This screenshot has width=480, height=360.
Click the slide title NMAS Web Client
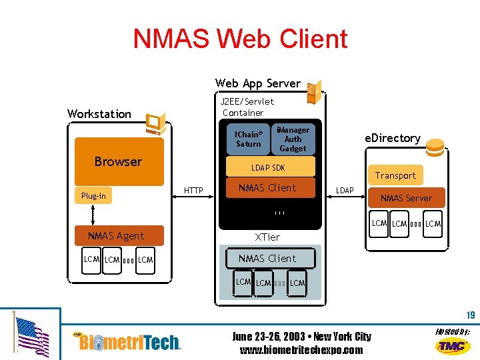[240, 39]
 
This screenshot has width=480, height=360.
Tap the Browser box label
[118, 161]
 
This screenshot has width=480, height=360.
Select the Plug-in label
[93, 195]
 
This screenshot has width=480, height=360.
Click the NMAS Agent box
[116, 235]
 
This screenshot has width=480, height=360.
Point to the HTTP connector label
[193, 191]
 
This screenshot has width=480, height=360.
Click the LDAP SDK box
[268, 167]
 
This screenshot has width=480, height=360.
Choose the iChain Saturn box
[249, 139]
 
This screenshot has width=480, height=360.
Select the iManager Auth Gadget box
[293, 139]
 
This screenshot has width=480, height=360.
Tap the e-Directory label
[392, 138]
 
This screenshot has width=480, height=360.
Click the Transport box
[395, 175]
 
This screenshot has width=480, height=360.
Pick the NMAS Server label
[406, 198]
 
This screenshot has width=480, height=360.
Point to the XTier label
[267, 237]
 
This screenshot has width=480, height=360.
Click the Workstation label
[99, 114]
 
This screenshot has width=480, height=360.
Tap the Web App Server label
[258, 83]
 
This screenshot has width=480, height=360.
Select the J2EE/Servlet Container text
[247, 107]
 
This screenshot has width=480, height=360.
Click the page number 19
[471, 315]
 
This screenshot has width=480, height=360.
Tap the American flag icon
[31, 337]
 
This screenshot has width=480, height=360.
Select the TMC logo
[453, 345]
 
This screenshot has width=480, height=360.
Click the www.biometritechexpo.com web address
[301, 350]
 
